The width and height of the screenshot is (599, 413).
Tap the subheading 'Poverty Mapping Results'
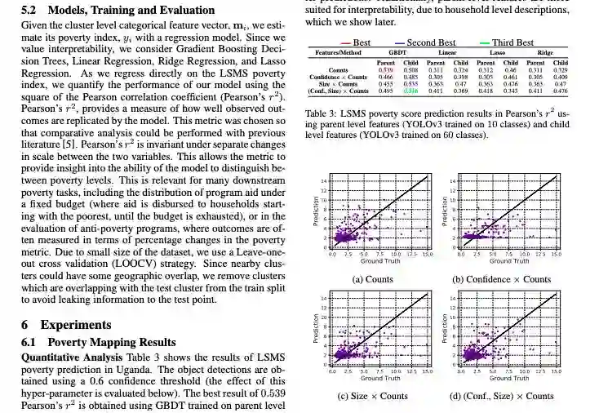111,342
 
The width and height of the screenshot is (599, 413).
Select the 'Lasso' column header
497,51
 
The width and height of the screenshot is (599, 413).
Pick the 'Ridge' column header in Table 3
546,51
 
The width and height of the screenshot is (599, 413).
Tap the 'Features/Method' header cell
337,51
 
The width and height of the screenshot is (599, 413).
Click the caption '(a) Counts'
372,279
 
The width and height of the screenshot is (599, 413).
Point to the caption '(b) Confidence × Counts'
501,279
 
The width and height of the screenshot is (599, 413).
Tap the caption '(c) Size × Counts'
372,397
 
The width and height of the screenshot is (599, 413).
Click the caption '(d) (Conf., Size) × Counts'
501,397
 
